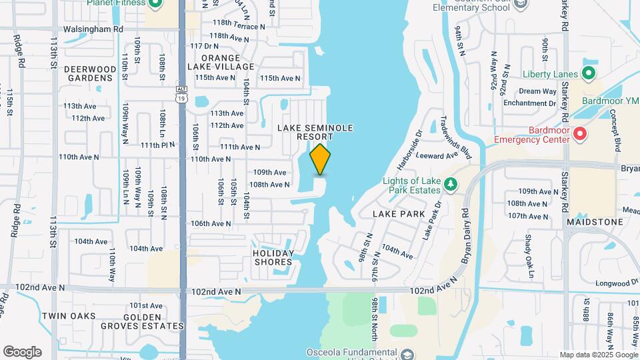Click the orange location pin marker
pyautogui.click(x=321, y=159)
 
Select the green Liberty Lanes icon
pyautogui.click(x=589, y=73)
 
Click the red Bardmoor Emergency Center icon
pyautogui.click(x=579, y=135)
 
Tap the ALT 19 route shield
pyautogui.click(x=182, y=95)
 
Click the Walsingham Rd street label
pyautogui.click(x=93, y=29)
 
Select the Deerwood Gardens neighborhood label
pyautogui.click(x=90, y=73)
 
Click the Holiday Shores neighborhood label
pyautogui.click(x=273, y=257)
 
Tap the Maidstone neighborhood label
pyautogui.click(x=595, y=221)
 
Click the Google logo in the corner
pyautogui.click(x=22, y=351)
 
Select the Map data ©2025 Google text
pyautogui.click(x=598, y=355)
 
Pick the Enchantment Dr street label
pyautogui.click(x=529, y=103)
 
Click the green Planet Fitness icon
pyautogui.click(x=156, y=4)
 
